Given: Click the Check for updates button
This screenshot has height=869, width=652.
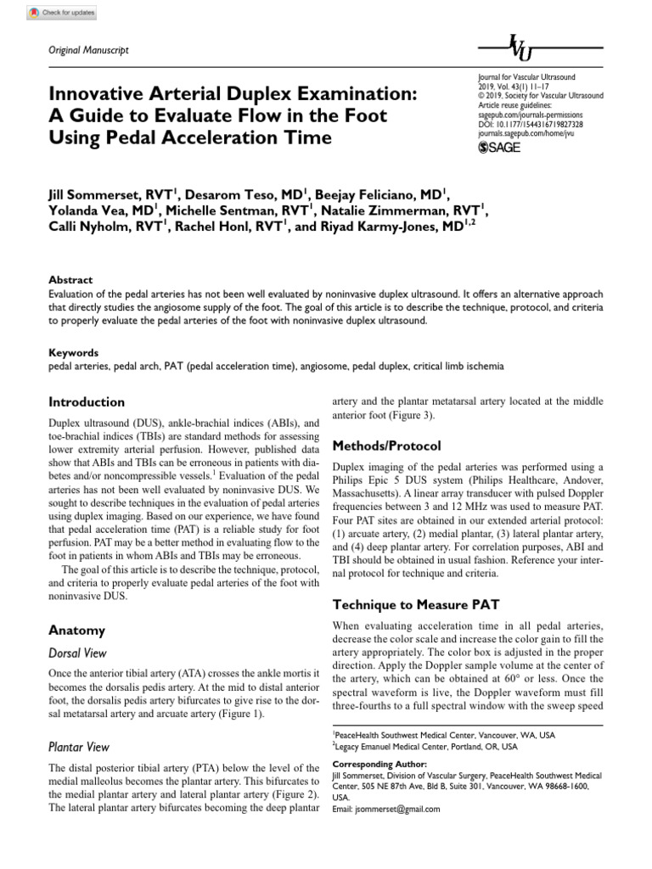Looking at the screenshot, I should pyautogui.click(x=62, y=13).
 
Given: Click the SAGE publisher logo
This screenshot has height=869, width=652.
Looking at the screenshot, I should pyautogui.click(x=500, y=148).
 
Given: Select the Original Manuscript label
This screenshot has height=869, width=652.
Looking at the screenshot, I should pyautogui.click(x=89, y=51).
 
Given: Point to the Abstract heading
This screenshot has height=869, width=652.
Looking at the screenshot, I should pyautogui.click(x=70, y=280).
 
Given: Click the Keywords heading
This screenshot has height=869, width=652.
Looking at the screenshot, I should pyautogui.click(x=74, y=352).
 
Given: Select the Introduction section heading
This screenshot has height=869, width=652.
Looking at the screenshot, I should pyautogui.click(x=87, y=402).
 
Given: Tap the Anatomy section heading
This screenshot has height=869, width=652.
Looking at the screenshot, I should pyautogui.click(x=77, y=631).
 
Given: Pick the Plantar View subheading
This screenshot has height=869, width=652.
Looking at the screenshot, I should pyautogui.click(x=80, y=748).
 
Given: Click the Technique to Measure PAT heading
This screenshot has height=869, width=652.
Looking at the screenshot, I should pyautogui.click(x=415, y=605).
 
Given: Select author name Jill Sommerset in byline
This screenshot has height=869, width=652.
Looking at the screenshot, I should pyautogui.click(x=102, y=194).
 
